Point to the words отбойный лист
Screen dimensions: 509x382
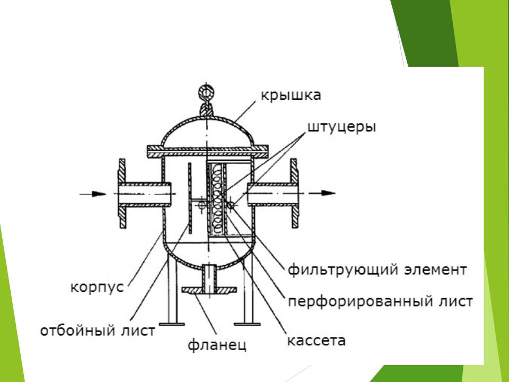98,330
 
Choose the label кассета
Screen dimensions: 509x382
316,339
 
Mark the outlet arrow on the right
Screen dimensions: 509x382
327,193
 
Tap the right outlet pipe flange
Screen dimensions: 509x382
293,194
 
